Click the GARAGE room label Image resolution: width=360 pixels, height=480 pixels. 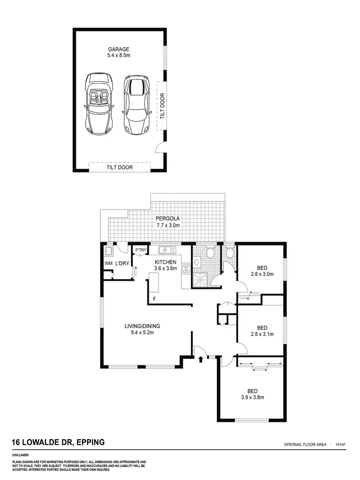coord(119,49)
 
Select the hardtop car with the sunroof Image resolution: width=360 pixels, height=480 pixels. coord(136,104)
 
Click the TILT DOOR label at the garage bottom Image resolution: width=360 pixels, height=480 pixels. coord(120,168)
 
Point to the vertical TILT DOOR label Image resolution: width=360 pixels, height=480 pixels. coord(162,106)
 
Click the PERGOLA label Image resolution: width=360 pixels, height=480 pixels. coord(168,218)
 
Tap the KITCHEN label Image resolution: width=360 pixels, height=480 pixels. coord(166,262)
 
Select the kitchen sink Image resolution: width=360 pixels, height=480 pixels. coord(168,250)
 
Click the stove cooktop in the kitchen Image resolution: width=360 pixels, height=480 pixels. coord(186,268)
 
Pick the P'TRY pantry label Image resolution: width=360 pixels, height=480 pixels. coord(140,251)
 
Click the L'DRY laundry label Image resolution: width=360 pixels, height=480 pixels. coord(121,264)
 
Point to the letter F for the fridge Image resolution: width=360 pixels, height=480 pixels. coord(154,299)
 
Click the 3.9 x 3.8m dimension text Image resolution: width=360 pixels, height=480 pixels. coord(252,397)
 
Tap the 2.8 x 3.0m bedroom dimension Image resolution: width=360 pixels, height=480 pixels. coord(262,274)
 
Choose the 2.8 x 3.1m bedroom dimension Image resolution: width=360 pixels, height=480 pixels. coord(262,334)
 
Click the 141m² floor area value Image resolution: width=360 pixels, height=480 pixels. coord(340,445)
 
